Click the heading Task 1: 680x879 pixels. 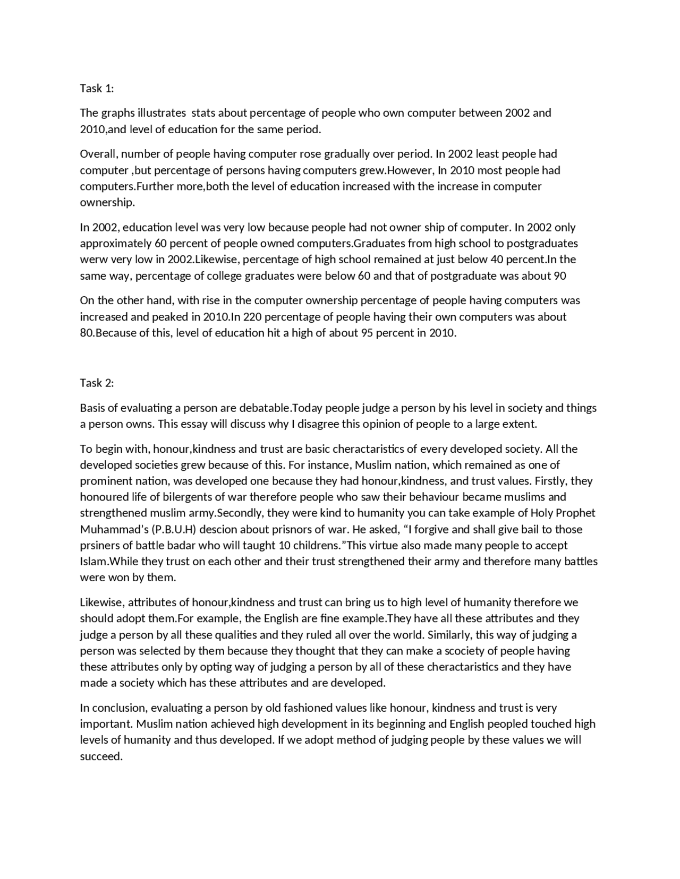(97, 88)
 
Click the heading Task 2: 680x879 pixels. (97, 383)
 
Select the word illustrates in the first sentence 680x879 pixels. (161, 113)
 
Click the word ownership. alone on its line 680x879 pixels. (107, 202)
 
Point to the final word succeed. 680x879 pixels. (101, 756)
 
